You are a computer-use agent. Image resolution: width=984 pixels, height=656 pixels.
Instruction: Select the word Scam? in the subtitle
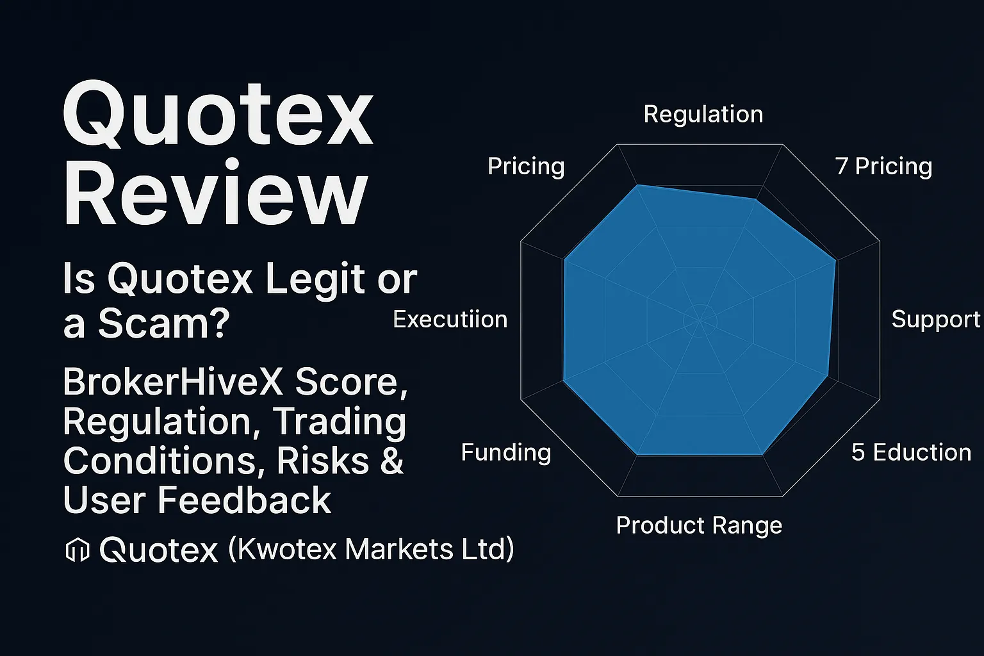tap(163, 324)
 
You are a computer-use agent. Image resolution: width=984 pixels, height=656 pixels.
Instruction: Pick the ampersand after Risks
tap(391, 461)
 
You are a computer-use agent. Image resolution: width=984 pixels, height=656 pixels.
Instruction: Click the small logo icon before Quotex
tap(78, 550)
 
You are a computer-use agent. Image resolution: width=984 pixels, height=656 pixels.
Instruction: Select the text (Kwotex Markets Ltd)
tap(371, 550)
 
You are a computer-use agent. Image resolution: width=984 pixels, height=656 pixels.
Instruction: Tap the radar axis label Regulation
tap(703, 115)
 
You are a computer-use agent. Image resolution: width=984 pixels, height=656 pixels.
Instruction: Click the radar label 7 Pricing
tap(883, 167)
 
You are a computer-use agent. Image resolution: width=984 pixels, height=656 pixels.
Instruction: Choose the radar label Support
tap(935, 320)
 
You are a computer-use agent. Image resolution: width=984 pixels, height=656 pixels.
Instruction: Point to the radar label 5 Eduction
tap(911, 453)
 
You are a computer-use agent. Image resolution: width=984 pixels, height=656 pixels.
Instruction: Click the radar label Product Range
tap(699, 526)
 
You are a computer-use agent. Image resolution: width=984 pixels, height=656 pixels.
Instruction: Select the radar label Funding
tap(506, 453)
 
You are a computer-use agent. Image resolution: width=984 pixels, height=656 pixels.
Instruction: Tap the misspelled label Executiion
tap(450, 320)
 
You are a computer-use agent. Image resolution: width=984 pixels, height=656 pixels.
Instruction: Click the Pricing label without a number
tap(526, 167)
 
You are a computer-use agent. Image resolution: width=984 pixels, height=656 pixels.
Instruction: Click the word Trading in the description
tap(340, 422)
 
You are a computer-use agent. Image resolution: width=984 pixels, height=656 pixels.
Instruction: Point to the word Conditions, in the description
tap(164, 461)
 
